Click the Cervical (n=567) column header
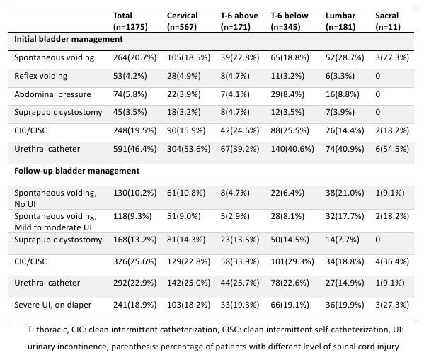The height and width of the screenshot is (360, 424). pos(182,21)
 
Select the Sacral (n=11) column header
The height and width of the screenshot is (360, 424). pos(388,21)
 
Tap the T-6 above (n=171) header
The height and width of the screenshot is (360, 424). pos(239,21)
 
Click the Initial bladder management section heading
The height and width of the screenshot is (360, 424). pos(69,39)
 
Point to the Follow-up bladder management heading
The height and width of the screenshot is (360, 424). pos(76,171)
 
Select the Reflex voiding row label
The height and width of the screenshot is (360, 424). pos(40,76)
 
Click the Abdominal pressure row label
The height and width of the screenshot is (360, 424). pos(52,94)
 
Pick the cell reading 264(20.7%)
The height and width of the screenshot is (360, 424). pos(134,57)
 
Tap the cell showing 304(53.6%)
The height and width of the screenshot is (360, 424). pos(188,149)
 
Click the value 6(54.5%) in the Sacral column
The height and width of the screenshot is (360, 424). pos(392,149)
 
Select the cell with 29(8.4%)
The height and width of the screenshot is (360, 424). pos(287,94)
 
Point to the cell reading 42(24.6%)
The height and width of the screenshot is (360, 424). pos(240,130)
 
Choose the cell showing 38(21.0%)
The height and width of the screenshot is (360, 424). pos(345,193)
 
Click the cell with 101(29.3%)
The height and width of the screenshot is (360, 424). pos(292,261)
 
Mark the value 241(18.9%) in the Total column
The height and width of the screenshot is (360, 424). pos(134,305)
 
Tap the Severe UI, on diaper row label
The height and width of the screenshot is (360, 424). pos(52,305)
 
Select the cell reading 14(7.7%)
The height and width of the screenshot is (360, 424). pos(343,240)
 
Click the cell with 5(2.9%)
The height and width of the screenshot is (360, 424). pos(235,216)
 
